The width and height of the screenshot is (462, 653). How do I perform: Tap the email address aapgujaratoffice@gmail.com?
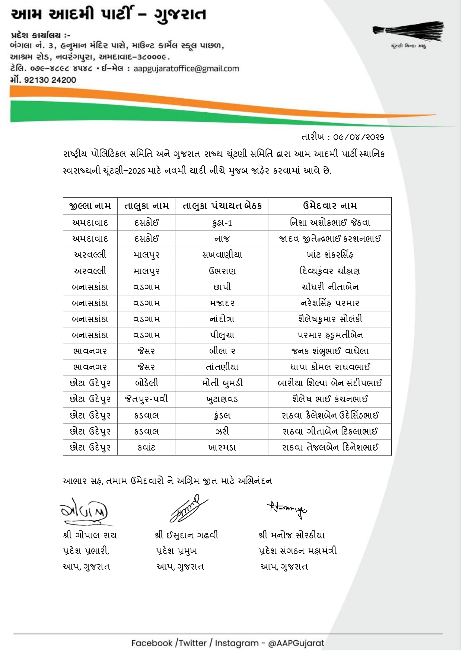click(x=186, y=69)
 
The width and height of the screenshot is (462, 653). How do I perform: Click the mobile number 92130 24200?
click(x=50, y=80)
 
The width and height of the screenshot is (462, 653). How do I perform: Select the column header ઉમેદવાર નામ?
click(x=330, y=206)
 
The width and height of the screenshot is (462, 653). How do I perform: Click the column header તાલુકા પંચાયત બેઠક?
click(x=222, y=206)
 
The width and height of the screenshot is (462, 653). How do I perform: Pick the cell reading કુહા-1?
click(x=222, y=223)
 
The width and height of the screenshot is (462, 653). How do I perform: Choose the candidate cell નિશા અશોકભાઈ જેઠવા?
click(x=330, y=223)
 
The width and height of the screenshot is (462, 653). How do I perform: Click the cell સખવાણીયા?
click(x=222, y=255)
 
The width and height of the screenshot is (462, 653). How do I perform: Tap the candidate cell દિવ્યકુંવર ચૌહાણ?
click(x=330, y=271)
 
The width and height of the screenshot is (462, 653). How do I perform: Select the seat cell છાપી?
click(x=222, y=287)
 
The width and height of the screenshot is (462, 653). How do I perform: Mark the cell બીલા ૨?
click(x=222, y=351)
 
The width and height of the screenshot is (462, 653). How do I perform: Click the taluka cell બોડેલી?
click(x=146, y=383)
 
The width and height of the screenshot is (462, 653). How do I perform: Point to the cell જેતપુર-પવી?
click(x=146, y=399)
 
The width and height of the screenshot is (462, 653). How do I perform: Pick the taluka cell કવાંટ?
click(x=146, y=447)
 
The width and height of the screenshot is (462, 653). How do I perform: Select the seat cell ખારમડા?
click(x=222, y=447)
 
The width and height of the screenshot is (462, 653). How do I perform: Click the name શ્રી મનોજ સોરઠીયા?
click(x=291, y=535)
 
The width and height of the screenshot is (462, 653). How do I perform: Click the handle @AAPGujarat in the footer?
click(x=296, y=643)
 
